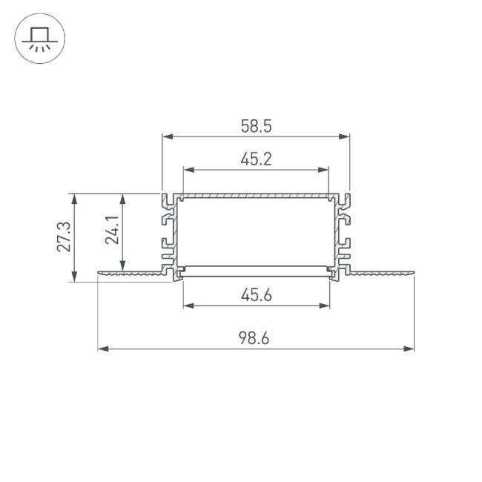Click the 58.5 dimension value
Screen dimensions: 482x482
tap(256, 127)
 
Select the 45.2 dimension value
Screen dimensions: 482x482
tap(256, 159)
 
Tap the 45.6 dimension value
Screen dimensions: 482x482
tap(256, 294)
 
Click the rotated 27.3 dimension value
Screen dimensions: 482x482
tap(64, 237)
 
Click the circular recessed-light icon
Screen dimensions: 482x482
tap(40, 40)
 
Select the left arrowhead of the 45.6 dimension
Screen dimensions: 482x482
tap(188, 304)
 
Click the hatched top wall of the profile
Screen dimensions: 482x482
tap(256, 197)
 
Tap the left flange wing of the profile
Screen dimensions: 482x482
tap(130, 274)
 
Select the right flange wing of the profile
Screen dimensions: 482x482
tap(382, 274)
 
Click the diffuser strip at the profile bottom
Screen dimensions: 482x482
tap(256, 268)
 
